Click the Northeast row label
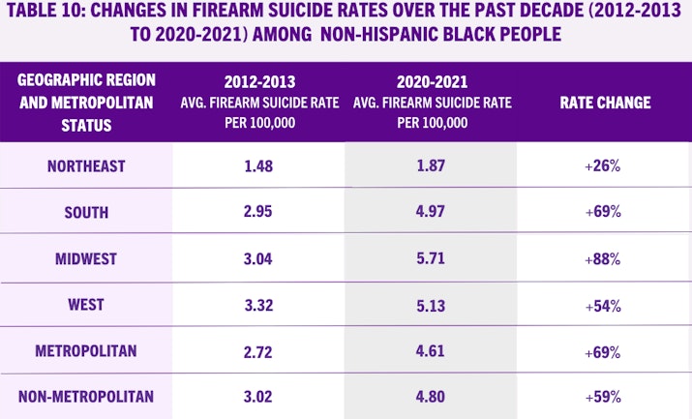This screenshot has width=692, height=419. point(86,165)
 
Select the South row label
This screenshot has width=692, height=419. point(86,212)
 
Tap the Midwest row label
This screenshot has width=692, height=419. point(86,258)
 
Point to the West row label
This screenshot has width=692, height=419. point(86,305)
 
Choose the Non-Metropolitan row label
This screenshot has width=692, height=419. point(86,397)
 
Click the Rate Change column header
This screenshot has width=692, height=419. point(605,103)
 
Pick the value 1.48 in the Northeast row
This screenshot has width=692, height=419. point(258,165)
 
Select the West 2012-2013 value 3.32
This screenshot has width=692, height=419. point(258,305)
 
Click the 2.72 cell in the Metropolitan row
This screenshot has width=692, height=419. point(258,351)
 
